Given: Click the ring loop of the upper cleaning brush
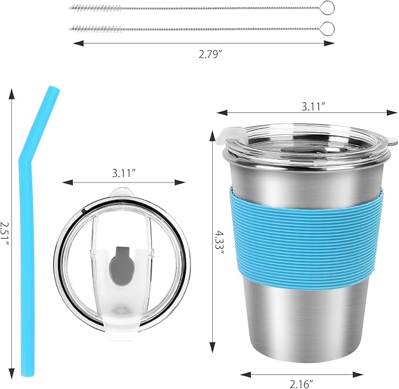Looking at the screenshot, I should click(327, 8).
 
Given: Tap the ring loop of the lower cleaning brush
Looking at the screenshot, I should click(327, 28).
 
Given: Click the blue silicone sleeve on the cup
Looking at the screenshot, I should click(306, 239).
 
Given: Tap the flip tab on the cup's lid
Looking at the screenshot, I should click(223, 137).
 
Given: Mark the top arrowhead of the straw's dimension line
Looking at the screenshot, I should click(12, 90).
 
